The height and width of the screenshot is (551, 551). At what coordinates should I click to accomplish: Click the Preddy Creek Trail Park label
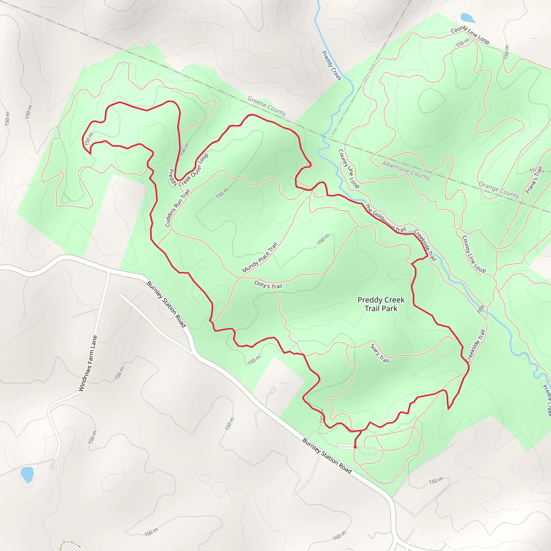(x=381, y=304)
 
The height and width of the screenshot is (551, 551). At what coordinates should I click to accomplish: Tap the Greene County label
(x=267, y=106)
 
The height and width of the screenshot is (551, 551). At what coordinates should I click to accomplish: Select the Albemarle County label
(x=406, y=171)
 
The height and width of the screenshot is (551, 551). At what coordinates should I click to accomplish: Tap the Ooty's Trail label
(x=268, y=285)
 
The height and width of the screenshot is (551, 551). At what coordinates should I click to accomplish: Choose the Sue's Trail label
(x=379, y=353)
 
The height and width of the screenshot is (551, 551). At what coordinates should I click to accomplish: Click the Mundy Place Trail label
(x=260, y=257)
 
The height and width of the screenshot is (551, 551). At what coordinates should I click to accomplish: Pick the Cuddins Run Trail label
(x=177, y=208)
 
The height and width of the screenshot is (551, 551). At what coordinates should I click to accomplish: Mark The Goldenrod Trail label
(x=385, y=218)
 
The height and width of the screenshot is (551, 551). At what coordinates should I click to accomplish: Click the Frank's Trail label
(x=534, y=180)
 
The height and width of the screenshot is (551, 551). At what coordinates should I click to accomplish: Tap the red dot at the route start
(x=355, y=447)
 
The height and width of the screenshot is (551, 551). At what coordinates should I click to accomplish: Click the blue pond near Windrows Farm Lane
(x=27, y=474)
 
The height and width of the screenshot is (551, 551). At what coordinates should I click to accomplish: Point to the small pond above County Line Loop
(x=467, y=18)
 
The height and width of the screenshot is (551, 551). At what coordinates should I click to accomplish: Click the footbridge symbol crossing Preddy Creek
(x=481, y=309)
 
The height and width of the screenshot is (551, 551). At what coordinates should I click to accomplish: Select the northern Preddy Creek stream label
(x=331, y=66)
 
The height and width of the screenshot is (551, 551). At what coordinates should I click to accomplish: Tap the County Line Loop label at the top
(x=470, y=34)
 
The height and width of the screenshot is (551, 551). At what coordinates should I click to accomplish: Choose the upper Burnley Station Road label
(x=166, y=304)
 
